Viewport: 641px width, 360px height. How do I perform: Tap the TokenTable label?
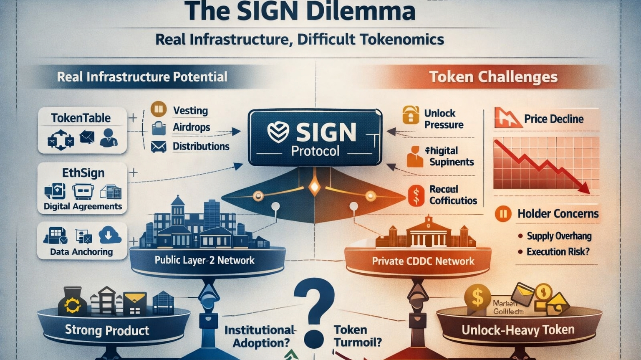81,118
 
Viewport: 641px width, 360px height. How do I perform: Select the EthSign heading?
83,173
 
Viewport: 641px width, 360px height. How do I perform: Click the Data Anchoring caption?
81,252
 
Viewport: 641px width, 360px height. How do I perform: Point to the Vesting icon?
159,109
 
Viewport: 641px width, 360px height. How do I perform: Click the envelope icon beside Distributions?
159,147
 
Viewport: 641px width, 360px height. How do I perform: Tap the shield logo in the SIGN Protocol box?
278,133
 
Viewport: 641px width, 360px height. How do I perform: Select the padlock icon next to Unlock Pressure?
411,115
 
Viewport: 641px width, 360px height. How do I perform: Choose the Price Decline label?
554,119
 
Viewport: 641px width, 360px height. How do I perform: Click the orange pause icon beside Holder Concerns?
503,214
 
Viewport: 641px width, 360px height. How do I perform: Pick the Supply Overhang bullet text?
559,236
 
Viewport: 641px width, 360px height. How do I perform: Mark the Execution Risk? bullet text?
558,252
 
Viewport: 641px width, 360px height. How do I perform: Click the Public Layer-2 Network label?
204,261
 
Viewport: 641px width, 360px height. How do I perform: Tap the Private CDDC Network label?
423,261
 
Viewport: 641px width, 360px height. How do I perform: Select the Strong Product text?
107,331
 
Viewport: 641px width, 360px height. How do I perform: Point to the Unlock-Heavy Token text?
518,330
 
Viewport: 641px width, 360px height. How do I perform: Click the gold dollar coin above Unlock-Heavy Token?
477,297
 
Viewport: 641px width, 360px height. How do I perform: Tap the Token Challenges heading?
493,77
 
